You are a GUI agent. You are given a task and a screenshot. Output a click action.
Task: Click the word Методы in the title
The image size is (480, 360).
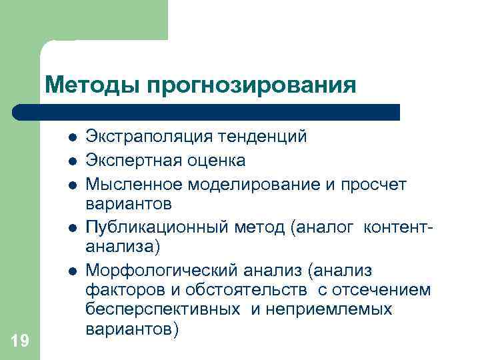92,85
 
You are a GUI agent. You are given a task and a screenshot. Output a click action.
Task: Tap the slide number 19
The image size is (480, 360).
20,341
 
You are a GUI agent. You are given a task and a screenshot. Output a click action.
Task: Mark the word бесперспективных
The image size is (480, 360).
163,310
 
